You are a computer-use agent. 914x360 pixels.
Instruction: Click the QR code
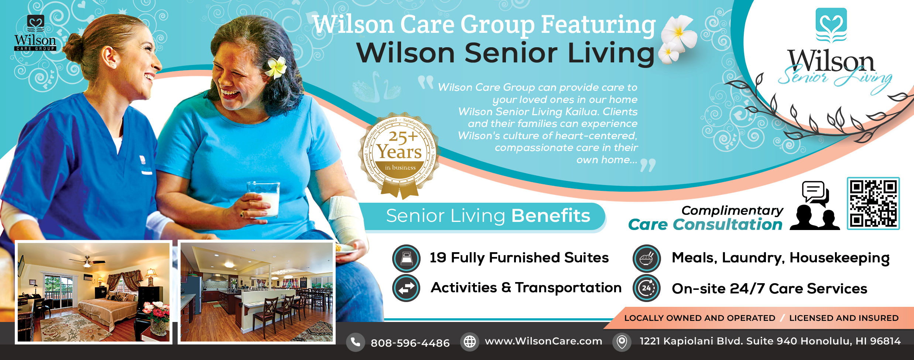click(873, 203)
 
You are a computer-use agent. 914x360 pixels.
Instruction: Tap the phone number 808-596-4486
click(410, 343)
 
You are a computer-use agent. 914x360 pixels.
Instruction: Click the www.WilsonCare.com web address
click(543, 341)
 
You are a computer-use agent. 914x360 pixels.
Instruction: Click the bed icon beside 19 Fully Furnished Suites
click(406, 258)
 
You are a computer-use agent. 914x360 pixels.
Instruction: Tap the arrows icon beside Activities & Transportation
click(406, 288)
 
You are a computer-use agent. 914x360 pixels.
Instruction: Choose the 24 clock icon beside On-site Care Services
click(646, 288)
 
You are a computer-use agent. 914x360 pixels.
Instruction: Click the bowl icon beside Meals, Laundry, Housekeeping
click(646, 258)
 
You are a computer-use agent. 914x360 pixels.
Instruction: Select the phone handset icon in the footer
click(355, 342)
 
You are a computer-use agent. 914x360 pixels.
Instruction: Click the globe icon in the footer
click(469, 342)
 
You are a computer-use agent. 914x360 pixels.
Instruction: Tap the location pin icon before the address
click(622, 342)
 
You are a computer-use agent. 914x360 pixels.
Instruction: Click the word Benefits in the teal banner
click(551, 216)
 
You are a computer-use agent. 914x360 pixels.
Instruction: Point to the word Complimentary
click(732, 210)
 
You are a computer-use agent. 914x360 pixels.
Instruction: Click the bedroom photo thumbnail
click(93, 292)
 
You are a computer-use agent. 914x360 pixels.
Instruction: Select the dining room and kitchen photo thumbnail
click(256, 292)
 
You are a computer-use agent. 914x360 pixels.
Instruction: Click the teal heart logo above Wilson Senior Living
click(831, 24)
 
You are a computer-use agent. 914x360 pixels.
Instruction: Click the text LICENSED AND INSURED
click(843, 318)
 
